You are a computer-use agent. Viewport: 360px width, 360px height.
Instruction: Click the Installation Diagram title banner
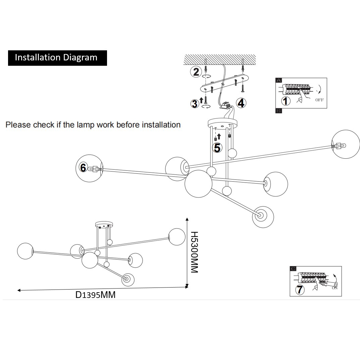57,58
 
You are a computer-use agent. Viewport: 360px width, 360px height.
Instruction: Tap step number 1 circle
286,100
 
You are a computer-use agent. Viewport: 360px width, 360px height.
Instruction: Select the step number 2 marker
196,71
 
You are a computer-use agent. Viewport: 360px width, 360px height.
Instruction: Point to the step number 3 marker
195,104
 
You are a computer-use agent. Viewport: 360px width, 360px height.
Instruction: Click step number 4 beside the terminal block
241,103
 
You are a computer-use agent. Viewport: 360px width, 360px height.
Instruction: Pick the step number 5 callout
217,147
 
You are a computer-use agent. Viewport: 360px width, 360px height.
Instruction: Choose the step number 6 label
83,167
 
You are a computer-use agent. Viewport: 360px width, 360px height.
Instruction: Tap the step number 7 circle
300,289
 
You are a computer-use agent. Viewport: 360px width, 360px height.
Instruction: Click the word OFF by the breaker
319,100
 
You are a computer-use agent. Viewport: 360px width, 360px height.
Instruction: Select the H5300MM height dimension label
194,252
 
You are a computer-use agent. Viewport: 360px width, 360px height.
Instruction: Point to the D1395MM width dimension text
95,295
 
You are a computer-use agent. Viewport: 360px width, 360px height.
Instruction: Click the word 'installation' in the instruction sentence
161,125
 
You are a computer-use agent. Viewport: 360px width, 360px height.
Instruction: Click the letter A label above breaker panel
278,81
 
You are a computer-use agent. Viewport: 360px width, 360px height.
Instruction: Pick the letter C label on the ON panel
293,268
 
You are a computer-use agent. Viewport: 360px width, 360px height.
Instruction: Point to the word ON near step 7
335,288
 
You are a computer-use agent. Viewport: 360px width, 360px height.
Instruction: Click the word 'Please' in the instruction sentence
18,125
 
